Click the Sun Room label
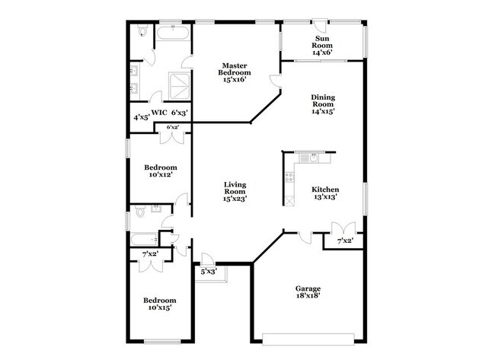(x=322, y=42)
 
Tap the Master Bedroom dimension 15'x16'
(x=235, y=79)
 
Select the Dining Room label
(x=323, y=100)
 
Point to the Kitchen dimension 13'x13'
(x=325, y=196)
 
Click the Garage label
(x=308, y=288)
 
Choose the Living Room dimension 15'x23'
(x=235, y=199)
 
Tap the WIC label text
(x=159, y=113)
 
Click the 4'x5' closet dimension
(x=141, y=118)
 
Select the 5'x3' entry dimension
(x=209, y=271)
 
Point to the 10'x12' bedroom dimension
(x=161, y=174)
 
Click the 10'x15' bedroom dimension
(x=160, y=307)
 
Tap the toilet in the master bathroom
(x=142, y=31)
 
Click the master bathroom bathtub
(x=173, y=33)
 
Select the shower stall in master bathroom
(x=179, y=87)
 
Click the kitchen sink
(x=313, y=158)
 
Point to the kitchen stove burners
(x=289, y=177)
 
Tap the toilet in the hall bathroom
(x=139, y=211)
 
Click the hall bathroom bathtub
(x=144, y=240)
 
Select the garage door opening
(x=308, y=339)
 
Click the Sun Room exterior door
(x=321, y=24)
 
